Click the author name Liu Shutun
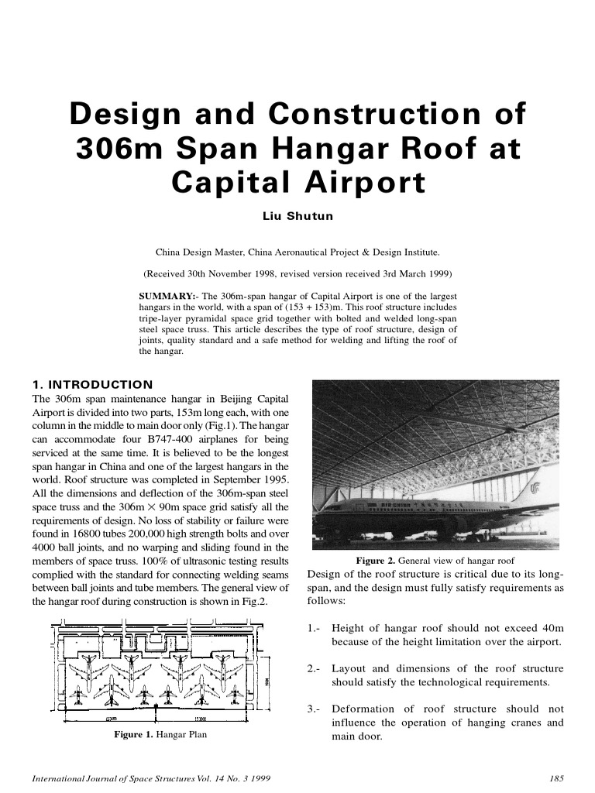(298, 216)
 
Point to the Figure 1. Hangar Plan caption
(161, 734)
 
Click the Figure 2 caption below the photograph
(435, 561)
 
